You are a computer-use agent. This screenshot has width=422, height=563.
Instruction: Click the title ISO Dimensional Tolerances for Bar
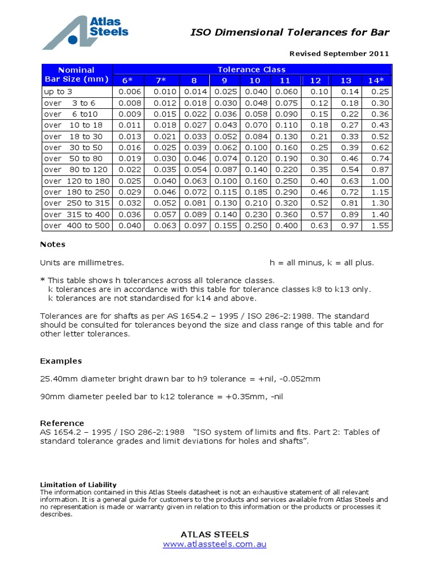[289, 32]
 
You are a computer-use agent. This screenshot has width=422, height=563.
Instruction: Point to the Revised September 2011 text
[339, 54]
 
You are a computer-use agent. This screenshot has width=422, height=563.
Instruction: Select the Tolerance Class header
[252, 69]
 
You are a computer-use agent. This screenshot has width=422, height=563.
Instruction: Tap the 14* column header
[376, 81]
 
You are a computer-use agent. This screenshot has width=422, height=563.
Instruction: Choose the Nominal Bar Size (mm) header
[76, 75]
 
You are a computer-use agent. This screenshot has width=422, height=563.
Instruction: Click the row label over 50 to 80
[76, 158]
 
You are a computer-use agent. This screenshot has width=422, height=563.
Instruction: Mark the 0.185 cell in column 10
[254, 192]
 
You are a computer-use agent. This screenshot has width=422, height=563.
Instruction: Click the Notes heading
[53, 244]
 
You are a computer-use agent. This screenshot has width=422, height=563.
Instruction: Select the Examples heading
[61, 361]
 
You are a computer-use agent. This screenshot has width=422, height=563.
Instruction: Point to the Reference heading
[62, 423]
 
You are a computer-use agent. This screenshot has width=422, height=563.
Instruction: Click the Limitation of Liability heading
[78, 484]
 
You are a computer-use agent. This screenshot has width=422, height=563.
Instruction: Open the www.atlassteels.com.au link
[215, 544]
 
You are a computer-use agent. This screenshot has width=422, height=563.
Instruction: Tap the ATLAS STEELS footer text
[215, 534]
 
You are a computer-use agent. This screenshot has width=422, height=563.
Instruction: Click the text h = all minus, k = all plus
[321, 263]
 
